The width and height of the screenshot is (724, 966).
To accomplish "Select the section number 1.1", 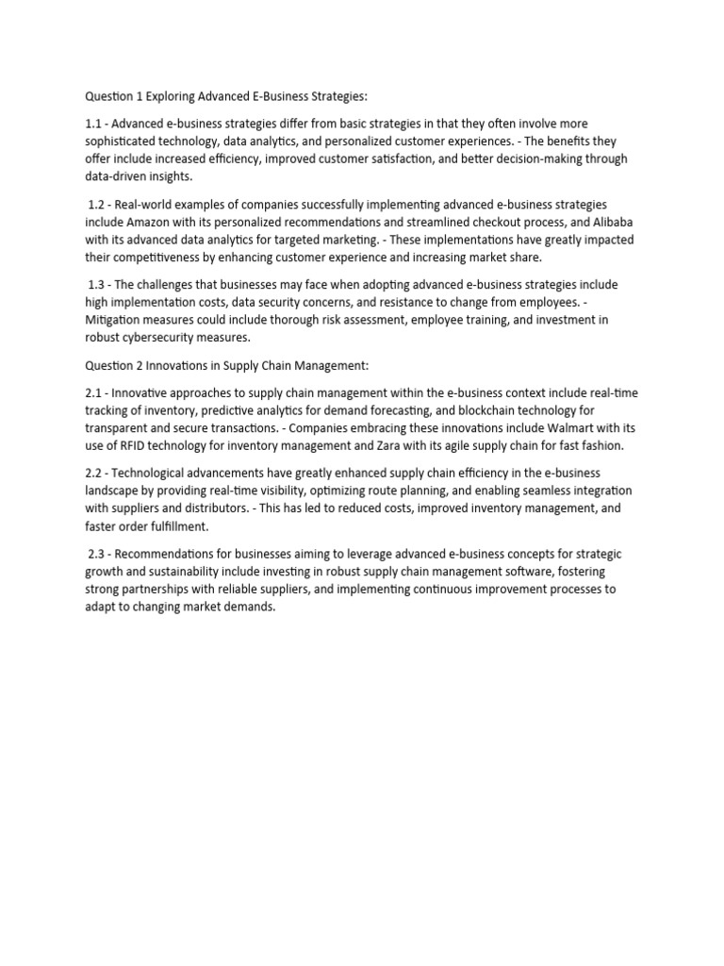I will tap(93, 124).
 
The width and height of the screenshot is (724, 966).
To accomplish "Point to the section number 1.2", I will tap(97, 205).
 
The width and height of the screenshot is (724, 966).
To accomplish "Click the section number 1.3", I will tap(97, 285).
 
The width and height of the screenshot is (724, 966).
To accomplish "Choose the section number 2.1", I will tap(93, 392).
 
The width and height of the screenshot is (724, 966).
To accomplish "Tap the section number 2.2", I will tap(93, 473).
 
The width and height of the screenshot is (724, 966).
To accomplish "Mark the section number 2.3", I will tap(97, 554).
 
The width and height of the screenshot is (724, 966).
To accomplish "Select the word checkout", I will tap(493, 223).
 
